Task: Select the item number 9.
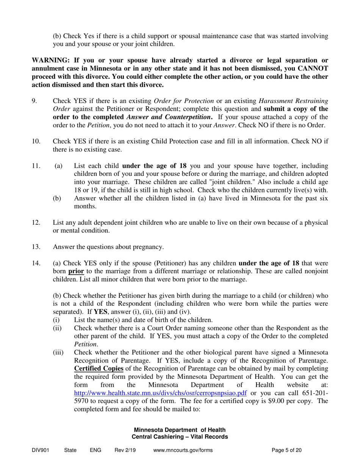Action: (34, 101)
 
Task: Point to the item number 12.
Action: (36, 222)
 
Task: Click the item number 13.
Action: (36, 247)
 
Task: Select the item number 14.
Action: (36, 263)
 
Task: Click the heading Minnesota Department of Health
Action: (180, 430)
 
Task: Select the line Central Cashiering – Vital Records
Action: (180, 437)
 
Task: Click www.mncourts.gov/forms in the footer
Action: (183, 450)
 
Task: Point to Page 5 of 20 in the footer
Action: (287, 450)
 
